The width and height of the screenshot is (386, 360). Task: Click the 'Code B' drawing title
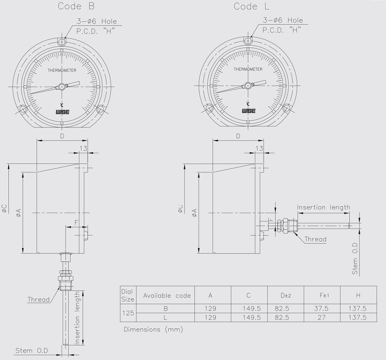tap(76, 6)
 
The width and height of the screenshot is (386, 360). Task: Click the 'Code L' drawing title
tap(251, 7)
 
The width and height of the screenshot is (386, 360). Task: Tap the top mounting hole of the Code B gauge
tap(62, 41)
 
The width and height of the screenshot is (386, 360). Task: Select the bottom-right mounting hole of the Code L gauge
tap(286, 108)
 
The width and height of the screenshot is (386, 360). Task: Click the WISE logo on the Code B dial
tap(62, 112)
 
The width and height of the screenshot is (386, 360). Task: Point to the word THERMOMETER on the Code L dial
tap(248, 69)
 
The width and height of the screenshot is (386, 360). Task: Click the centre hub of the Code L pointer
tap(248, 85)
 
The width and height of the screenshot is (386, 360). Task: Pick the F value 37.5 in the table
tap(321, 308)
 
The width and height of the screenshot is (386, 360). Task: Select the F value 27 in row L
tap(322, 318)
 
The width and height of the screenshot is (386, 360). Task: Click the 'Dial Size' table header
tap(128, 295)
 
